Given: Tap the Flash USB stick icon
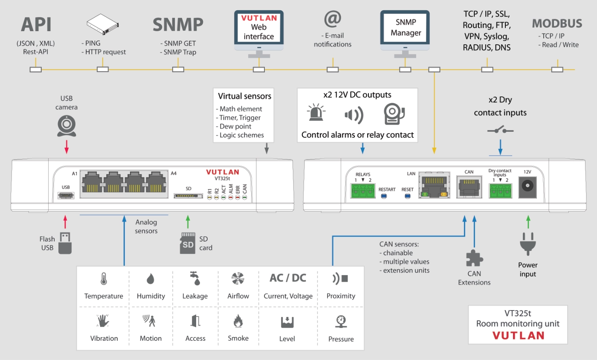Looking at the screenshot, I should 65,243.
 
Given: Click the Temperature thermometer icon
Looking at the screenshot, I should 103,279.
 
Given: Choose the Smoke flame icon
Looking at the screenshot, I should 238,321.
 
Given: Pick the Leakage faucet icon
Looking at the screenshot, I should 195,279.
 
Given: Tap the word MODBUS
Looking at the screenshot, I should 556,23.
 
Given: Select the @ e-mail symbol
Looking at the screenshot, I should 333,19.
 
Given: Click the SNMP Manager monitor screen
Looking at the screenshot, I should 405,27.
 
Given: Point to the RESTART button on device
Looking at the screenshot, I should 384,196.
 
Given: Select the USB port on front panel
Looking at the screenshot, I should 66,196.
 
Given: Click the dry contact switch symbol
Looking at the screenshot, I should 500,130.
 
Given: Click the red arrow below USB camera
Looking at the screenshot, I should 66,147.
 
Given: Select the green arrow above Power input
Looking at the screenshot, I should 528,221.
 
